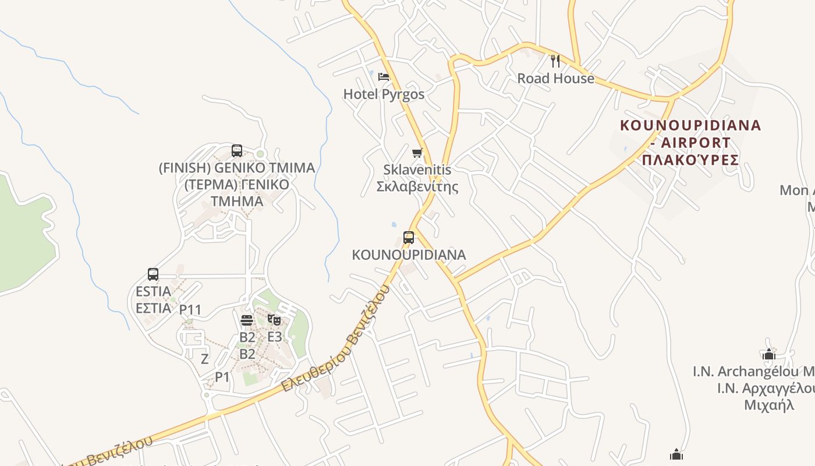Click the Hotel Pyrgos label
pyautogui.click(x=384, y=94)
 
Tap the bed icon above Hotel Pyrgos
pyautogui.click(x=383, y=76)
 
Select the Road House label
pyautogui.click(x=556, y=78)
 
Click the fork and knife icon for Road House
pyautogui.click(x=555, y=60)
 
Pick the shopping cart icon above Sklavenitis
pyautogui.click(x=417, y=153)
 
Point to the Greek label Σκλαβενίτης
pyautogui.click(x=417, y=186)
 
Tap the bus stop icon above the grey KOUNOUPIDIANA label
pyautogui.click(x=409, y=237)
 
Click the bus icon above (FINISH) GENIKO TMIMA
pyautogui.click(x=237, y=151)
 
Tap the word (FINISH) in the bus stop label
pyautogui.click(x=185, y=168)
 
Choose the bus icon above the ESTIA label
pyautogui.click(x=153, y=274)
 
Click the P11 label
pyautogui.click(x=190, y=309)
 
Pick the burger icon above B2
pyautogui.click(x=247, y=320)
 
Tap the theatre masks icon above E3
pyautogui.click(x=274, y=320)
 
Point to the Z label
pyautogui.click(x=204, y=359)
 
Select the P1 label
pyautogui.click(x=222, y=377)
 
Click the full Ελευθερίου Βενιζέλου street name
pyautogui.click(x=335, y=338)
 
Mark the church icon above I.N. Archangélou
pyautogui.click(x=769, y=354)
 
